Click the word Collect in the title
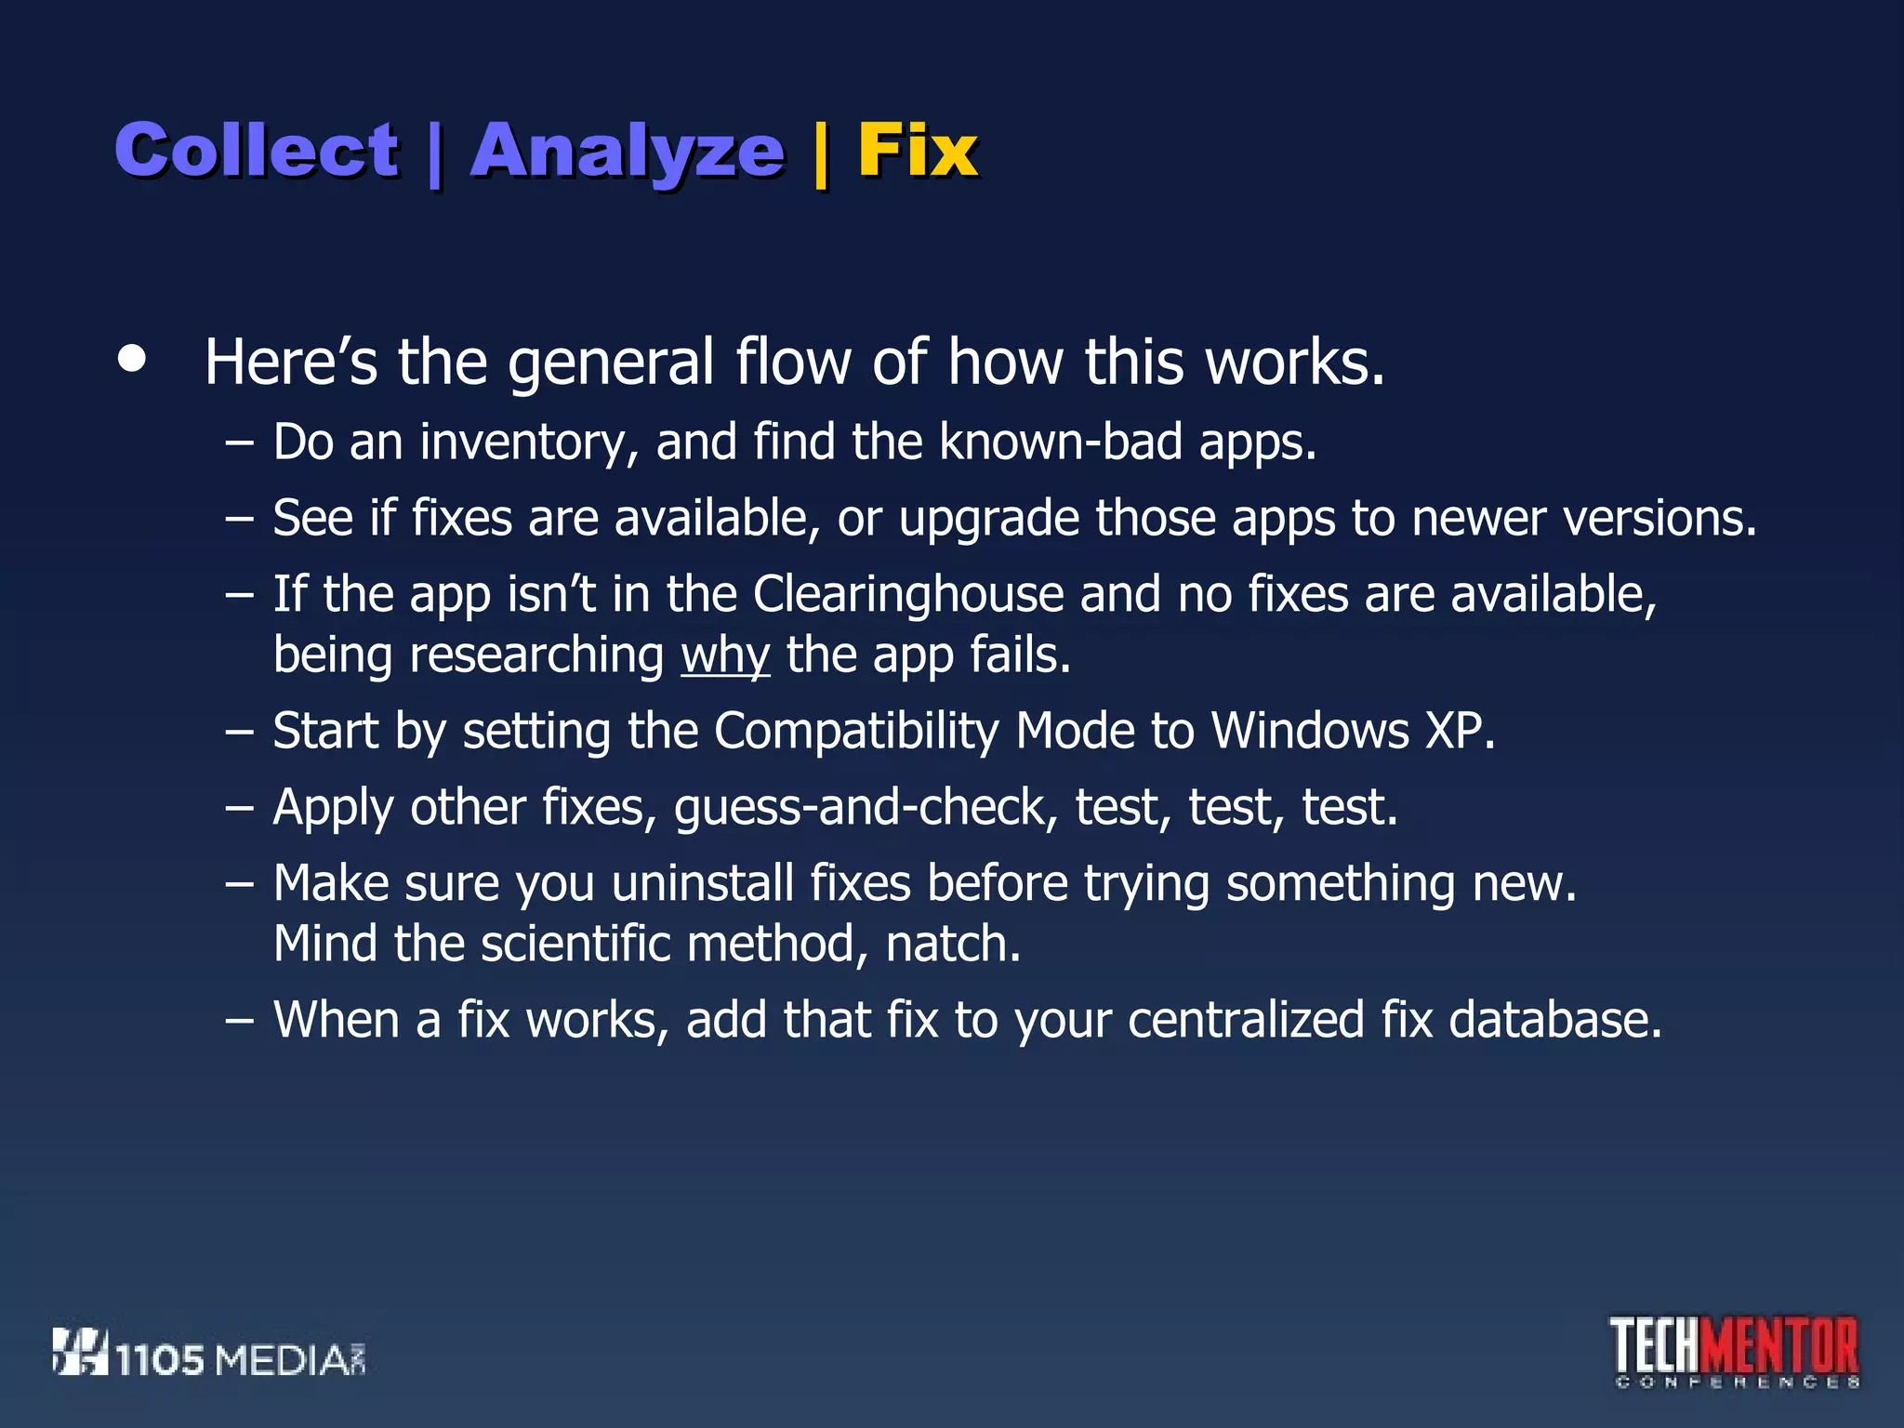[x=257, y=150]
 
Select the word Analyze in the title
[x=628, y=152]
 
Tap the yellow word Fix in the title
[x=917, y=150]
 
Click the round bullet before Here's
[x=132, y=359]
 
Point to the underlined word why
[x=725, y=655]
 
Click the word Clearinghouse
[x=907, y=594]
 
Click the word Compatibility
[x=855, y=731]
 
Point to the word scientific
[x=575, y=945]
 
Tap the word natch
[x=952, y=945]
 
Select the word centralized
[x=1246, y=1020]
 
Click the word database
[x=1554, y=1020]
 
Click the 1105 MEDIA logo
[x=208, y=1354]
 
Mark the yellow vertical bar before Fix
[x=821, y=154]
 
